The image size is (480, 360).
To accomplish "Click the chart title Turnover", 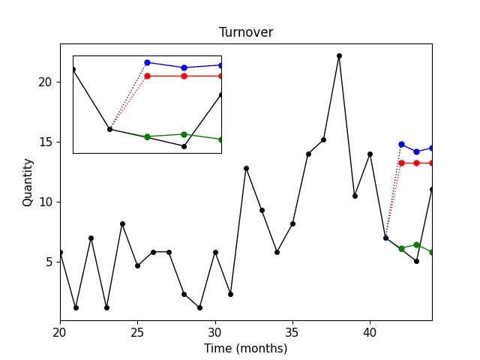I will pos(246,32).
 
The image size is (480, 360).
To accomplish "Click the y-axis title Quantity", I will pos(28,182).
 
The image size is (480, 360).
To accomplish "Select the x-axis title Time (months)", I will pos(246,348).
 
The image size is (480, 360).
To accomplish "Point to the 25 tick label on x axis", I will pos(137,331).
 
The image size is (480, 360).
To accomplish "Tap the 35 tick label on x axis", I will pos(292,331).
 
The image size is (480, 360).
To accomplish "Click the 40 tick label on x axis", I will pos(370,331).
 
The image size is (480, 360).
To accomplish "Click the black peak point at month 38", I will pos(339,55).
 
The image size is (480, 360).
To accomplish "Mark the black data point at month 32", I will pos(246,168).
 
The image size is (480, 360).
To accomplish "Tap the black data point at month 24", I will pos(122,223).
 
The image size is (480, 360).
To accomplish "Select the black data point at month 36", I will pos(308,154).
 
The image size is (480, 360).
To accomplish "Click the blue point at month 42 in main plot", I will pos(401,144).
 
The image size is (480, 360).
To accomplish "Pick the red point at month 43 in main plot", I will pos(416,163).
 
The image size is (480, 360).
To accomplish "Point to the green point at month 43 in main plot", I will pos(416,244).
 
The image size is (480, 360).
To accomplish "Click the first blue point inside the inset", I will pos(147,62).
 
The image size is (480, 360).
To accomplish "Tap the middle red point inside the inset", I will pos(184,76).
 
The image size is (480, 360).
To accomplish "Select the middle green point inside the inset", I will pos(184,134).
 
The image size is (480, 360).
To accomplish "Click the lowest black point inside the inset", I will pos(184,146).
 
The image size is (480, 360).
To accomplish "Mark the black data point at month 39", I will pos(355,196).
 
